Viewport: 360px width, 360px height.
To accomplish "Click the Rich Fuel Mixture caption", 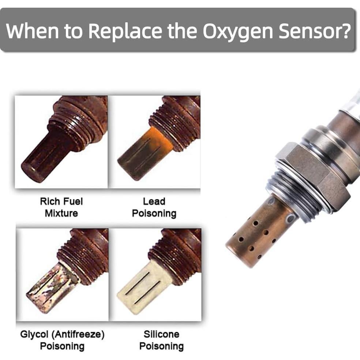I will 61,207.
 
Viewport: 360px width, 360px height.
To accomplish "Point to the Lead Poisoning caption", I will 154,207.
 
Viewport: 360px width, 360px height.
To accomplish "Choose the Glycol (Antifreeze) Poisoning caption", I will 62,340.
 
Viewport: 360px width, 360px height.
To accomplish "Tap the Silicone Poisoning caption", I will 161,340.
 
